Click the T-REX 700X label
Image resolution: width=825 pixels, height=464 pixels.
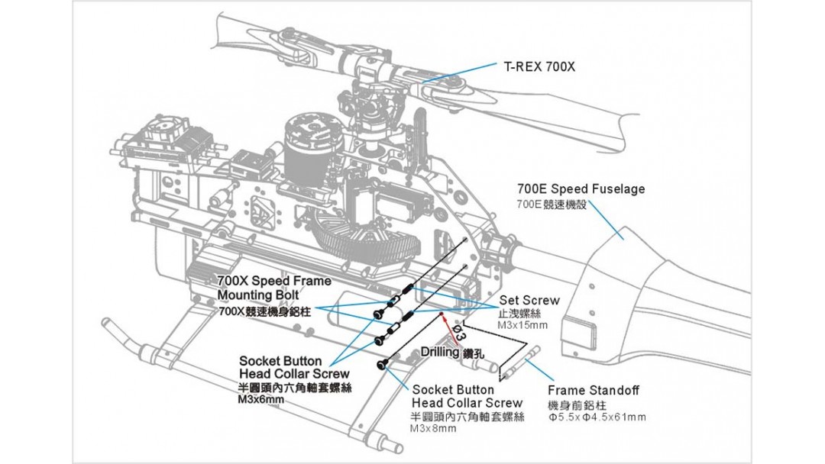539,66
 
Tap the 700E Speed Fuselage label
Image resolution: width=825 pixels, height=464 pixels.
581,188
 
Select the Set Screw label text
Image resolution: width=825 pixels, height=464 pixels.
529,300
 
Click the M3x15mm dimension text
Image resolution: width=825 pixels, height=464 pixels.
522,326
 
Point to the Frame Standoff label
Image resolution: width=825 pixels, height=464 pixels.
593,391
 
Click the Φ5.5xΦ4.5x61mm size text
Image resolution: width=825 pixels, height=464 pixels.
597,417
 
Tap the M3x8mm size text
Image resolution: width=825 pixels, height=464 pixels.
432,429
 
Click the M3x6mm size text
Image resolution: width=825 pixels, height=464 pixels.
260,399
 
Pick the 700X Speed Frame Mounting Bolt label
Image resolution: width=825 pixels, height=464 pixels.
264,288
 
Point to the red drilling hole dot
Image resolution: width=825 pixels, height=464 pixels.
441,314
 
